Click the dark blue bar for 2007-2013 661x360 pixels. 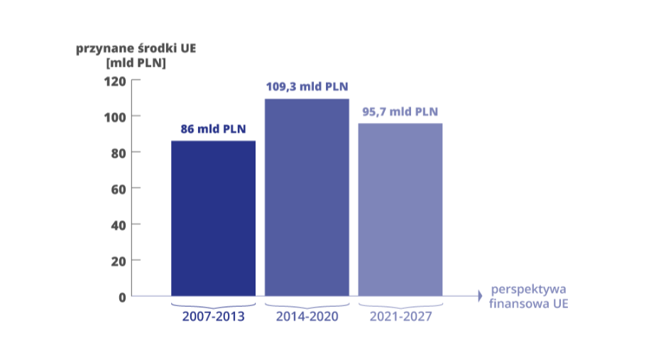[x=213, y=219]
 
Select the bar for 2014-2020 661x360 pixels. [x=307, y=197]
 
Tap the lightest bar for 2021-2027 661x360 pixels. [x=400, y=209]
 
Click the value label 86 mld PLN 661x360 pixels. [x=213, y=129]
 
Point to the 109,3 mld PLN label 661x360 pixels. [x=307, y=87]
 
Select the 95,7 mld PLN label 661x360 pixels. [x=400, y=111]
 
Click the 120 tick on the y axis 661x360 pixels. [x=115, y=82]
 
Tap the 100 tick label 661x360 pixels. [x=115, y=117]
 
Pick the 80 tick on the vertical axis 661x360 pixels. [x=119, y=153]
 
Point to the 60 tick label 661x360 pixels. [x=119, y=190]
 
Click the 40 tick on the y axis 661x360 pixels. [x=119, y=226]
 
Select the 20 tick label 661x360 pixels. [x=119, y=262]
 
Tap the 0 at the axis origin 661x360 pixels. [x=122, y=298]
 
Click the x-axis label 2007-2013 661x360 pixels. [x=213, y=317]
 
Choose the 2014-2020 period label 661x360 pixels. [x=307, y=317]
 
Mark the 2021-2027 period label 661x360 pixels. [x=401, y=317]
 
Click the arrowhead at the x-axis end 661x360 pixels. [x=480, y=296]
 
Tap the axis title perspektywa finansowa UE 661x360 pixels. [x=529, y=296]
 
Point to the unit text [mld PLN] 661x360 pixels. [x=136, y=63]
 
